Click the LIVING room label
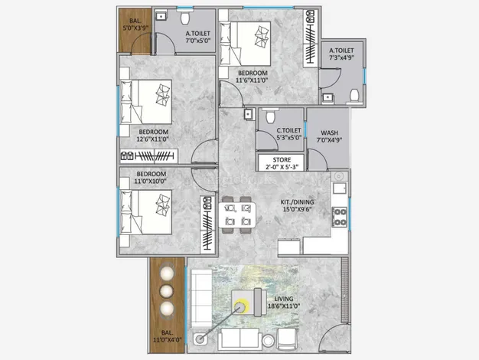284,299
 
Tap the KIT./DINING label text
297,202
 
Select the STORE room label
282,159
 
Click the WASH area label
329,133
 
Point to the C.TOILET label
288,130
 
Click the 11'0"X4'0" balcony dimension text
167,339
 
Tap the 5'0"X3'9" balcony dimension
135,28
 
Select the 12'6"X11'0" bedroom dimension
153,139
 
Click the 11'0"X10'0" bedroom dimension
150,181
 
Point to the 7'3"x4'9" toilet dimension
341,57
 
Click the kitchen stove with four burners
340,217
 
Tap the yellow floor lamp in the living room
239,306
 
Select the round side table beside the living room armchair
269,341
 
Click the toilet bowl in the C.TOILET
270,116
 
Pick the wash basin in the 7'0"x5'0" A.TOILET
161,16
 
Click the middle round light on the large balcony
166,291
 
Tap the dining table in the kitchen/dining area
237,214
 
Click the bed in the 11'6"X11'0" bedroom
245,44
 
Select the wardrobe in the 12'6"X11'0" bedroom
148,156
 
